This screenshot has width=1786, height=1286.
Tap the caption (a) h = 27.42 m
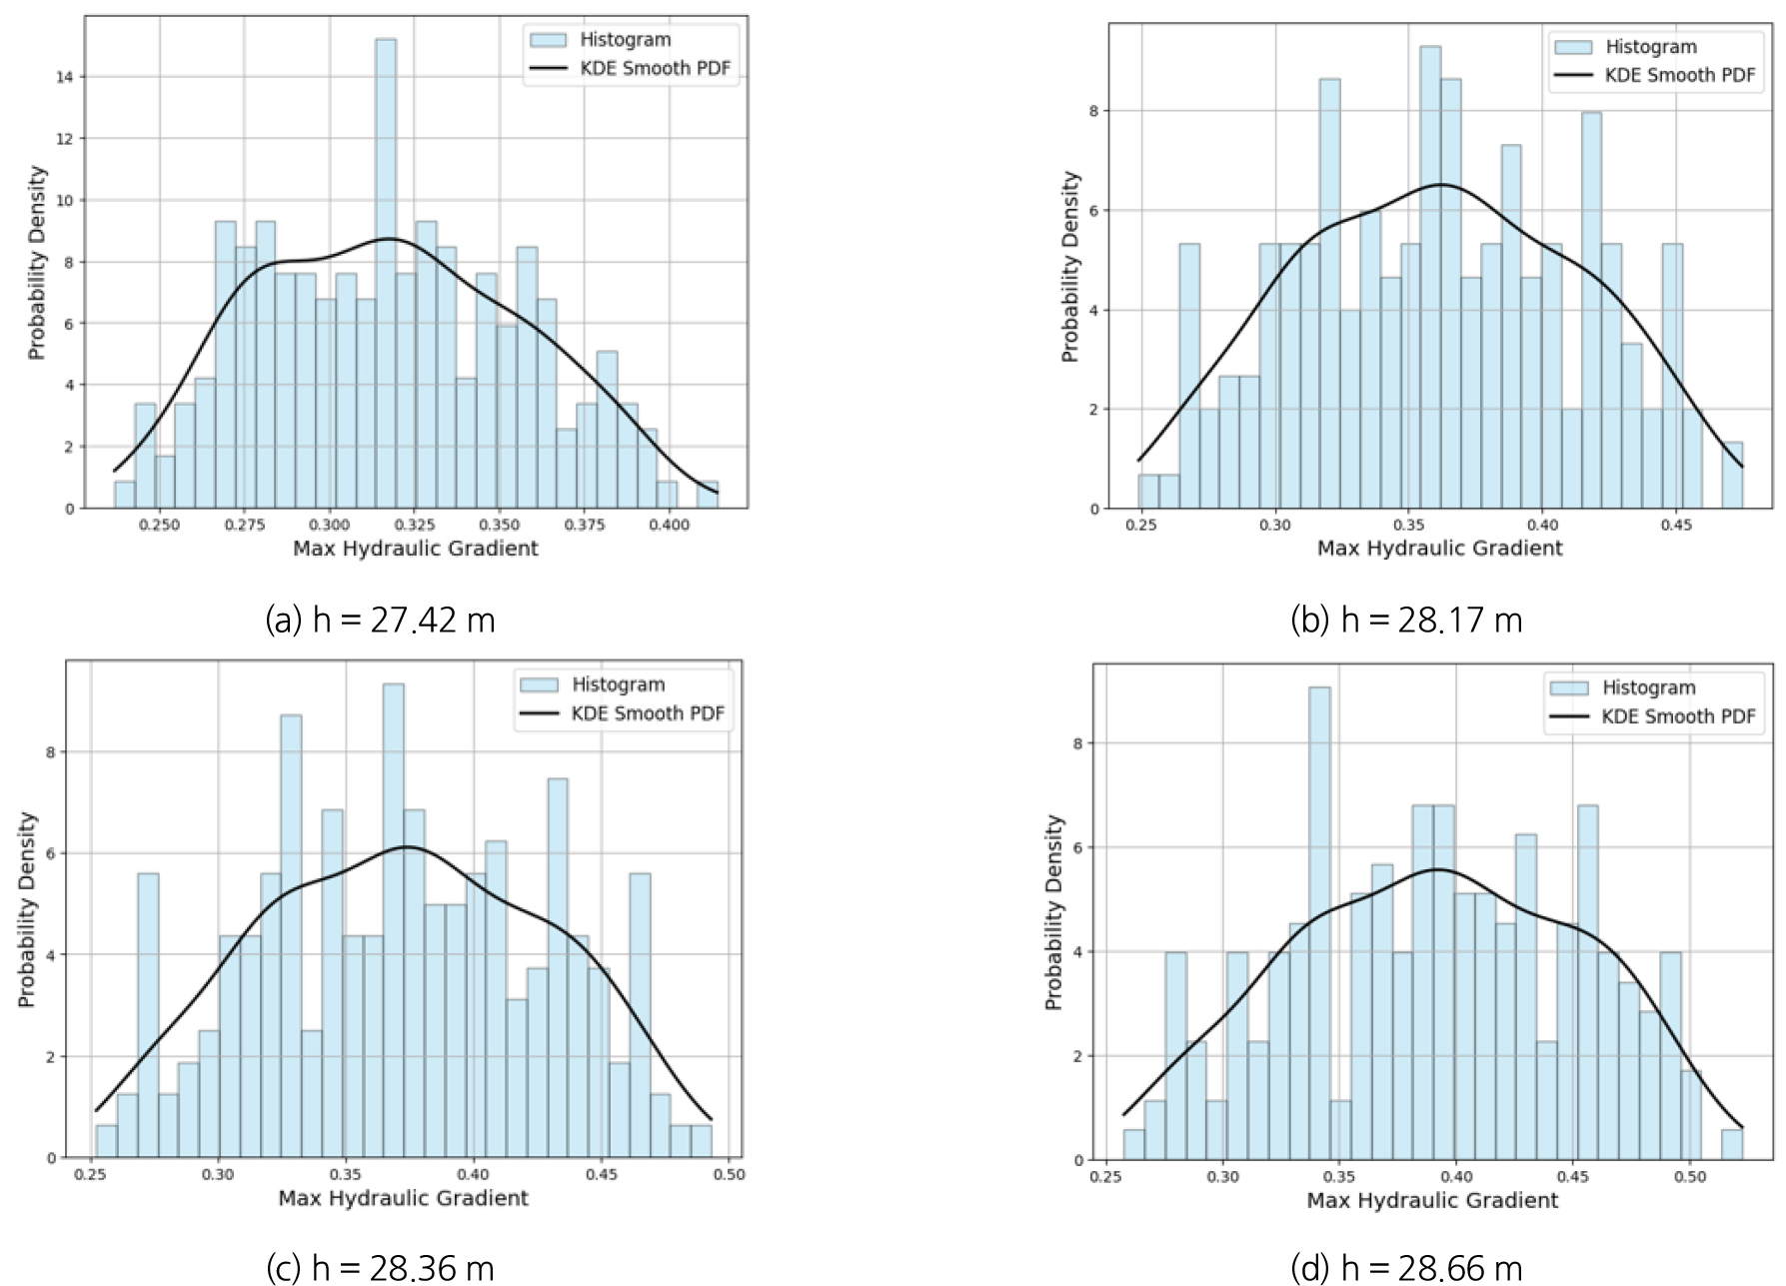[x=380, y=621]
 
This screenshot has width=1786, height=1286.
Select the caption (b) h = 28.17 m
[x=1406, y=621]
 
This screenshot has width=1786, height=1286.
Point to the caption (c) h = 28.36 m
[x=380, y=1268]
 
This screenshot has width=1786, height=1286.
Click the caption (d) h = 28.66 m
[x=1406, y=1268]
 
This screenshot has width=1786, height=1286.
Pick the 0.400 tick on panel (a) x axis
[x=669, y=525]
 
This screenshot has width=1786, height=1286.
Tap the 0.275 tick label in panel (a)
[x=244, y=525]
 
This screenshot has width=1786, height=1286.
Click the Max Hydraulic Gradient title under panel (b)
[x=1439, y=549]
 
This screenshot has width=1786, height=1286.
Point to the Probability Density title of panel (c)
[x=27, y=909]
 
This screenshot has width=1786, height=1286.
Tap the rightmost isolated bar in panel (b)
[x=1732, y=476]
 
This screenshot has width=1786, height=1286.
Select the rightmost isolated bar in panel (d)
[x=1731, y=1145]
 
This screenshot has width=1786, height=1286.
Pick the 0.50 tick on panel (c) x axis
[x=729, y=1175]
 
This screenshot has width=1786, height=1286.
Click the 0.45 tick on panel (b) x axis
[x=1676, y=525]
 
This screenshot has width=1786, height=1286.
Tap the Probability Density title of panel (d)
[x=1053, y=912]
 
